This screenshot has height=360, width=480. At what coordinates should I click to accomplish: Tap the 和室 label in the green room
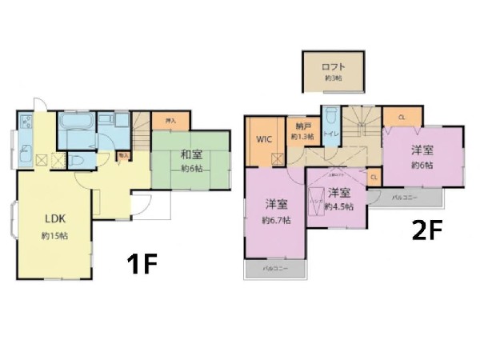190,154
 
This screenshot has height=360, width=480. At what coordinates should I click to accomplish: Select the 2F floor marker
426,232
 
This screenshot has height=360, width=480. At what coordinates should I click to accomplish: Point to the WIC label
264,138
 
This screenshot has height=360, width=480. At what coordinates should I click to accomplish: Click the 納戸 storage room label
302,126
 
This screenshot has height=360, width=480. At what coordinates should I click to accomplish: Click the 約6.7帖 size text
276,219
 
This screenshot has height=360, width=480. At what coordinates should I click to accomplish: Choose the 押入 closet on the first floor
170,121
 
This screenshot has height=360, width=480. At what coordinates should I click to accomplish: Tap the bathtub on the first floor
77,124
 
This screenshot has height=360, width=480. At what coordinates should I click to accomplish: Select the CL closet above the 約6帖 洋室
401,118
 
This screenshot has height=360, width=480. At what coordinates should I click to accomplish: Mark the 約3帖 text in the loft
333,78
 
